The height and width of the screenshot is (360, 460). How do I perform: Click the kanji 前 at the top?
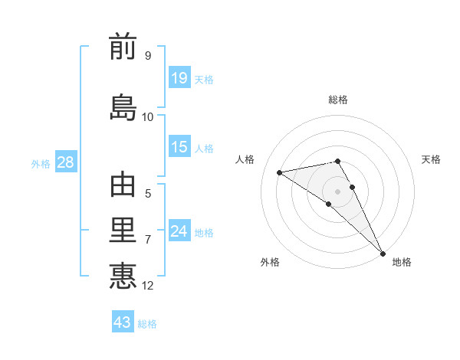(x=123, y=47)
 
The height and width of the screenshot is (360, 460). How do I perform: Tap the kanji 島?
(x=123, y=108)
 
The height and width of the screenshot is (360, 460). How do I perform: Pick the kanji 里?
(x=123, y=231)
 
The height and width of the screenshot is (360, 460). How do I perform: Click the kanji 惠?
(x=123, y=276)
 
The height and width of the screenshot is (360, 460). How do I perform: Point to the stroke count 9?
(x=147, y=56)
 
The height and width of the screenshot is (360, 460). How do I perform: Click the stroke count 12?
(x=148, y=286)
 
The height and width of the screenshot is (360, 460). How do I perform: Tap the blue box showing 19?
(x=179, y=77)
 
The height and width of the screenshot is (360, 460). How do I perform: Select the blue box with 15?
(x=179, y=147)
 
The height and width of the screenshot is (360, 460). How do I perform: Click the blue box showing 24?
(x=179, y=231)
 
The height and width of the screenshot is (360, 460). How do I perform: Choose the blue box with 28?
(x=65, y=162)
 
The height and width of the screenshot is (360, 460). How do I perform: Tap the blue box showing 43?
(x=123, y=322)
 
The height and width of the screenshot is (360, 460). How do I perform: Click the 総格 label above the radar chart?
(x=338, y=100)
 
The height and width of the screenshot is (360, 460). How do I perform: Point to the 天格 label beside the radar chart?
(x=431, y=159)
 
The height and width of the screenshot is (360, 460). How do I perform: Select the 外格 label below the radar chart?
(x=270, y=262)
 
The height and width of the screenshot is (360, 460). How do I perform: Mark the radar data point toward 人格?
(x=280, y=172)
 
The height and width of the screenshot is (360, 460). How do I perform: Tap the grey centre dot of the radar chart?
(x=338, y=191)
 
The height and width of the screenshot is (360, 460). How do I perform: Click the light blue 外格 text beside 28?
(x=41, y=163)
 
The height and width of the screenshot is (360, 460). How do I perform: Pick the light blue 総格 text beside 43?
(x=147, y=324)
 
